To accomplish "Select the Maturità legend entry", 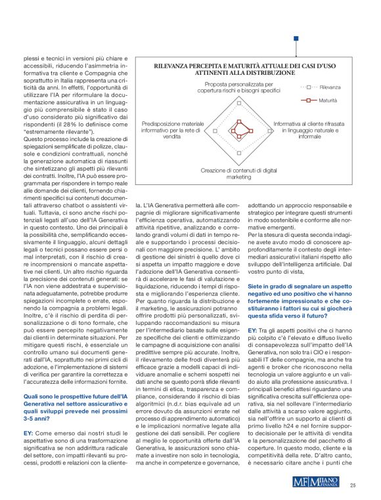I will (x=324, y=101).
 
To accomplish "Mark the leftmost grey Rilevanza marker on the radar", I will (x=215, y=130).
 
